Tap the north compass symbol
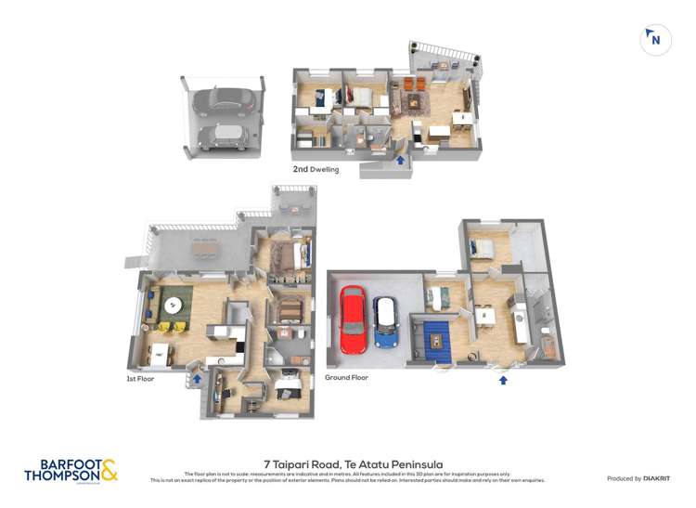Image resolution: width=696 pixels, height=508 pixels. click(655, 40)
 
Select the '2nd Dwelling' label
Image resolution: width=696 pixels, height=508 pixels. click(316, 170)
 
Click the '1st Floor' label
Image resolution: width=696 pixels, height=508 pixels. click(141, 379)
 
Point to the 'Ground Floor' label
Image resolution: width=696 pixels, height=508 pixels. click(347, 378)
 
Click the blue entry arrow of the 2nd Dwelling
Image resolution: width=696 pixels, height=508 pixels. click(400, 161)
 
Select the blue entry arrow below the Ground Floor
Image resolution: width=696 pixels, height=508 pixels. click(503, 379)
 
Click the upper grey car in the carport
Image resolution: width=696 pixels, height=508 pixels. click(218, 101)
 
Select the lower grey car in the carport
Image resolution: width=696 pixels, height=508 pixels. click(219, 136)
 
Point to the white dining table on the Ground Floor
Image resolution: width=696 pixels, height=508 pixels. click(486, 316)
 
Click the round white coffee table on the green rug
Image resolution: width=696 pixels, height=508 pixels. click(174, 304)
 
